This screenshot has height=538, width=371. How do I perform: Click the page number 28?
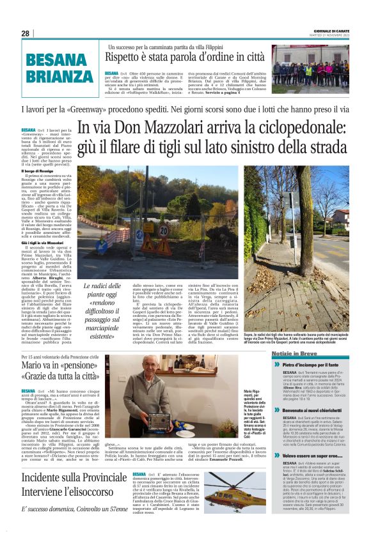pos(25,33)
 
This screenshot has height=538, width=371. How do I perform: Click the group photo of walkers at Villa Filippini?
pos(310,65)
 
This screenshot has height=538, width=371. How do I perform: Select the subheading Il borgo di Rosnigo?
pos(39,171)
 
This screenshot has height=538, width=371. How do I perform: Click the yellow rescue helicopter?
pos(240,492)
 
